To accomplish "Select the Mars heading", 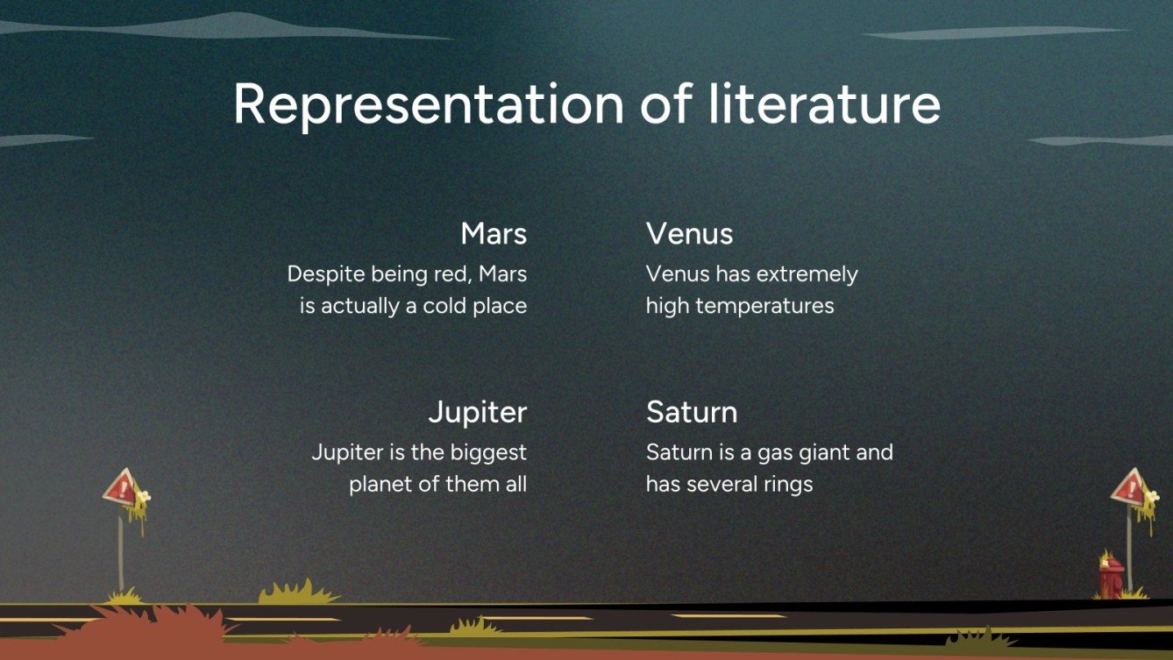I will (494, 234).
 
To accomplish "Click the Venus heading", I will (689, 234).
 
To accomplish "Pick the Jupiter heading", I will (477, 412).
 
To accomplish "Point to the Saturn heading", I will (691, 412).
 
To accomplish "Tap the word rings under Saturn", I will (786, 484).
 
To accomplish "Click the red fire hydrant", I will (1112, 576).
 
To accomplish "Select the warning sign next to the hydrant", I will (1129, 489).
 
